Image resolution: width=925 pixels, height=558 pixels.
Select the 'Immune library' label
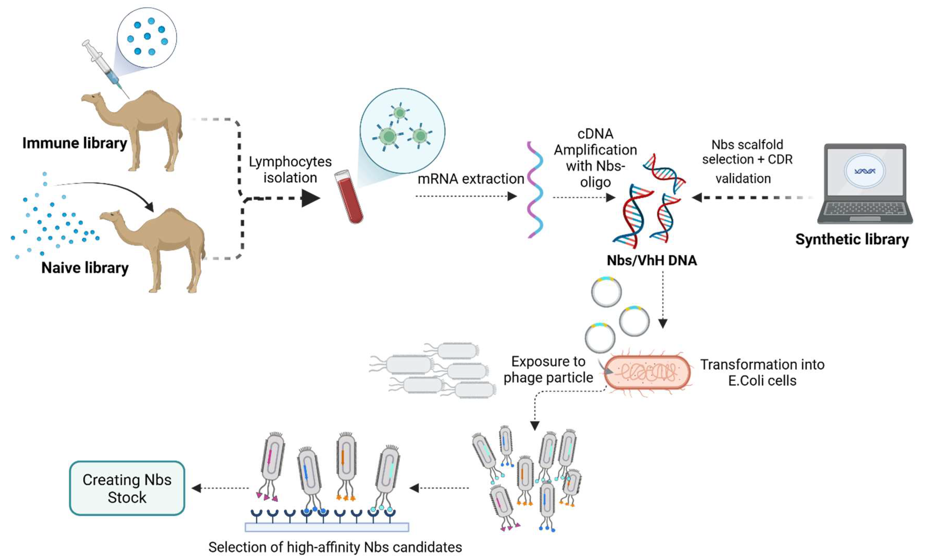pyautogui.click(x=75, y=143)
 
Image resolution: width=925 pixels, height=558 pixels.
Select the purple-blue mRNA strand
pyautogui.click(x=535, y=189)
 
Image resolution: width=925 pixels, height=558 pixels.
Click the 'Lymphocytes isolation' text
pyautogui.click(x=290, y=169)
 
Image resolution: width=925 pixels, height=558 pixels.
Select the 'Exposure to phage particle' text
pyautogui.click(x=548, y=370)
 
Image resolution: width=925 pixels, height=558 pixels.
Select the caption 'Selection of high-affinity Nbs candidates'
pyautogui.click(x=335, y=547)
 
